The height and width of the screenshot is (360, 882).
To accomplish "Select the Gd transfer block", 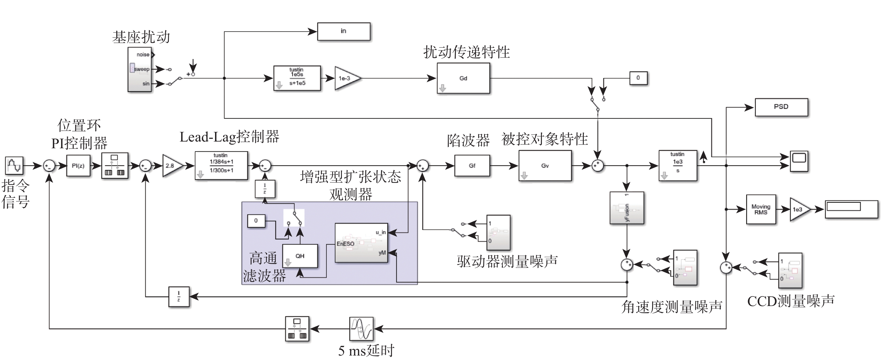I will click(463, 78).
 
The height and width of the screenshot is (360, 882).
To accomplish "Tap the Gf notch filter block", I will click(472, 166).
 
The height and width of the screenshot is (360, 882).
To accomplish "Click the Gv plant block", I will click(545, 166).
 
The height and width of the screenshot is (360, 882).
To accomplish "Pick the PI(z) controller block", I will click(78, 166).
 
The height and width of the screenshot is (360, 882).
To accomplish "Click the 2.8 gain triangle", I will click(171, 166).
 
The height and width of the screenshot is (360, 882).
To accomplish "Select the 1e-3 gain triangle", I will click(346, 78).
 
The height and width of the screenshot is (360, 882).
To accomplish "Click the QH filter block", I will click(300, 256).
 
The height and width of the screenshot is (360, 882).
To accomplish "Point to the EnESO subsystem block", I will click(361, 243).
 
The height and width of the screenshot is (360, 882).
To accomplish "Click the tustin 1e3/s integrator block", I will click(678, 166).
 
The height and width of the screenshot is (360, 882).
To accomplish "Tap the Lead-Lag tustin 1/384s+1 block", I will click(221, 166).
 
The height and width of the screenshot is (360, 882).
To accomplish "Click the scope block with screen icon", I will click(799, 161).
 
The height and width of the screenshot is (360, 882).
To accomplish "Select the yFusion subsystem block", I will click(627, 208).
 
